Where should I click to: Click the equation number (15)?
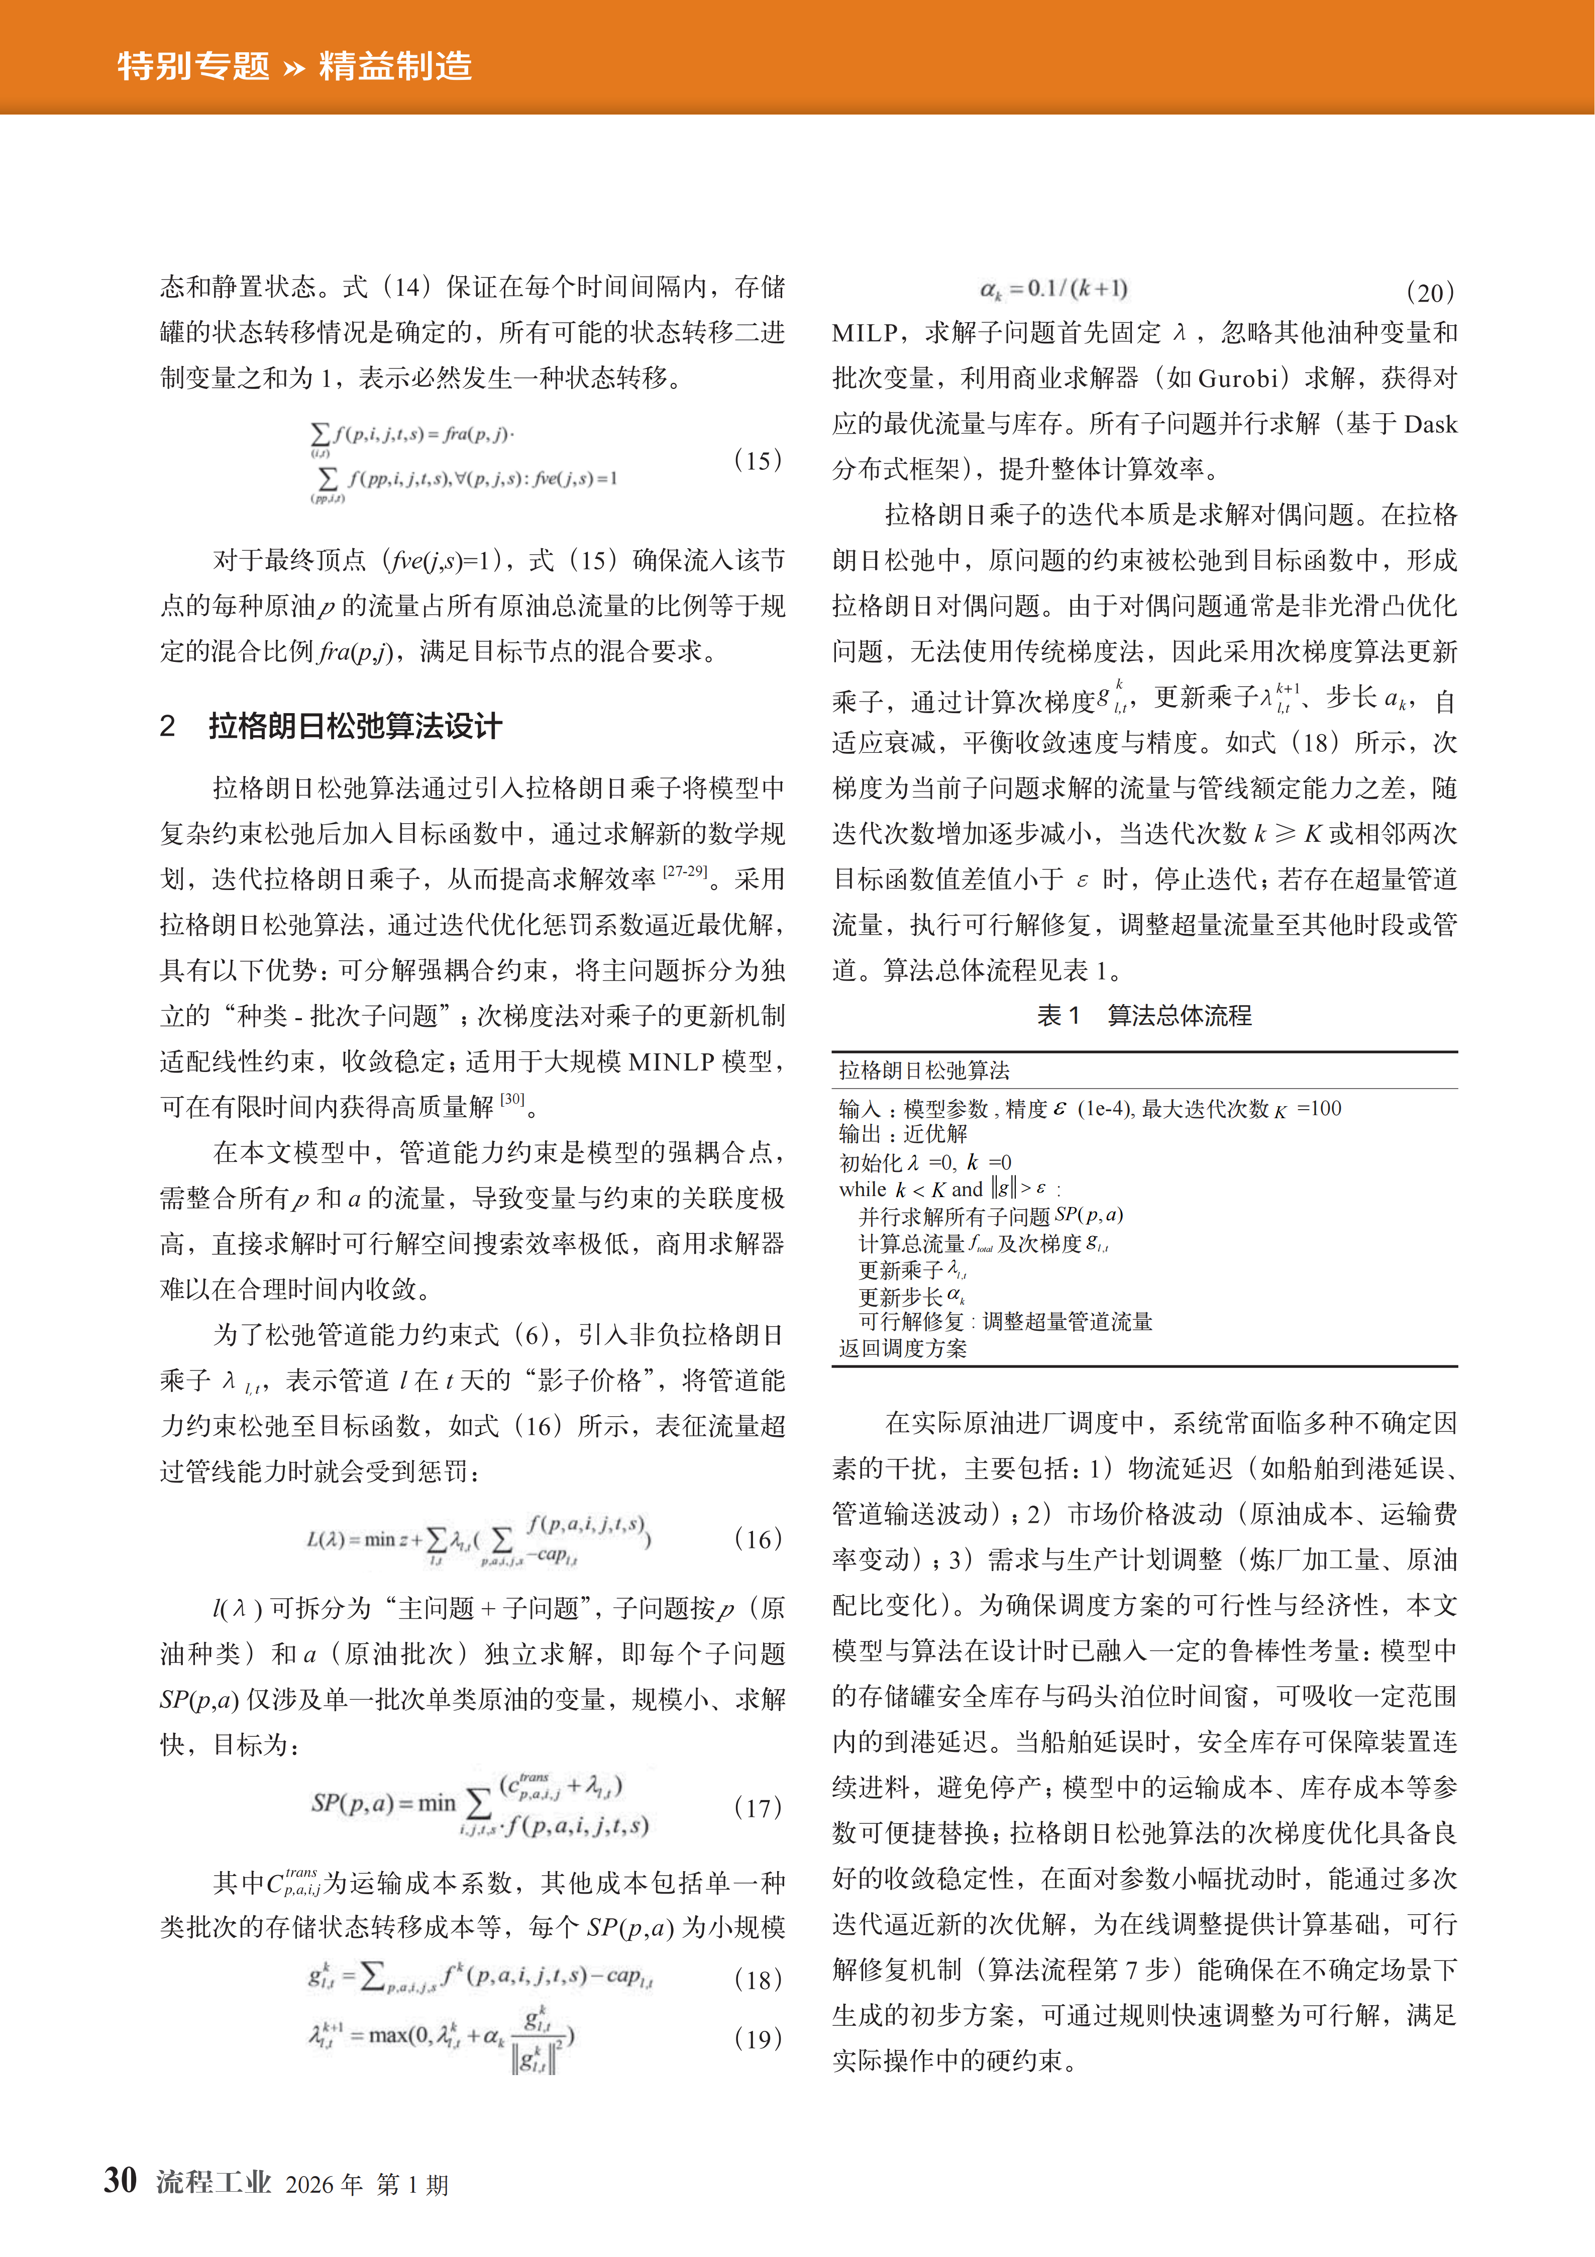pyautogui.click(x=758, y=460)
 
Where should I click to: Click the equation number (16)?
pyautogui.click(x=758, y=1538)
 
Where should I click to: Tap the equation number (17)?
pyautogui.click(x=758, y=1807)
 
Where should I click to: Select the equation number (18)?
pyautogui.click(x=758, y=1979)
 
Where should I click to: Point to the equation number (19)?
pyautogui.click(x=758, y=2038)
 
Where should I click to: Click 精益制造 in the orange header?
pyautogui.click(x=395, y=66)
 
